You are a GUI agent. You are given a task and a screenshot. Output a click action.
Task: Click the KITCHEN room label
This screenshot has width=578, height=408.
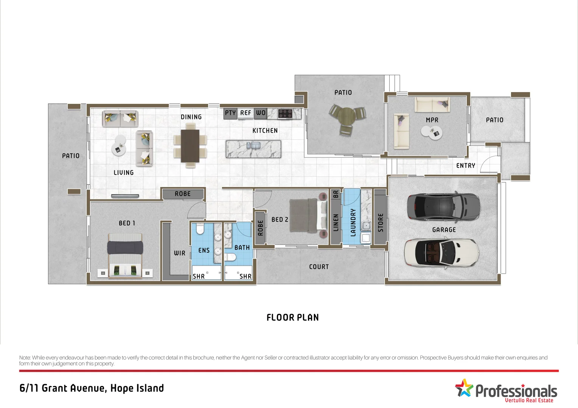265,131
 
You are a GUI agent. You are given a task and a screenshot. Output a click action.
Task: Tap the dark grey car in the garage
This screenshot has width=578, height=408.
443,207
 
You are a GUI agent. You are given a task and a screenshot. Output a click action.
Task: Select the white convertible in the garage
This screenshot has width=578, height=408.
441,253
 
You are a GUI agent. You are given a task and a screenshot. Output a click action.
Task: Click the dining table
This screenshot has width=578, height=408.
190,146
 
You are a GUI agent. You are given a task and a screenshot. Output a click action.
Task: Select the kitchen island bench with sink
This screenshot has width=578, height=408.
253,149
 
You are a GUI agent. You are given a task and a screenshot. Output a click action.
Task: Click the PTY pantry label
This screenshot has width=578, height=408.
230,113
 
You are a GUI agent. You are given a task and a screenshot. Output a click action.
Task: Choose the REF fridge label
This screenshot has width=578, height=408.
245,113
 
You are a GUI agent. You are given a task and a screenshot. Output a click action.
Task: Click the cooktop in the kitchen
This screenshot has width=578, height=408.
285,113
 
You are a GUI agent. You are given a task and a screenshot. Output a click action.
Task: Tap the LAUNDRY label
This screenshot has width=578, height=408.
353,223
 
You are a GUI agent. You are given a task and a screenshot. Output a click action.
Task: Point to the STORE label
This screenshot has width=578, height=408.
381,223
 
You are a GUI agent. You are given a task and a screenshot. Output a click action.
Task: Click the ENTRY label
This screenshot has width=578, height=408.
465,166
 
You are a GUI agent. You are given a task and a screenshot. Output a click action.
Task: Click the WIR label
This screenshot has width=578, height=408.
179,253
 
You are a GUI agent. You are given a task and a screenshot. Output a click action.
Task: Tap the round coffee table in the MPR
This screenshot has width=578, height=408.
431,132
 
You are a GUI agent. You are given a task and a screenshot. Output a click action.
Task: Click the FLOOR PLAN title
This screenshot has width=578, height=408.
292,318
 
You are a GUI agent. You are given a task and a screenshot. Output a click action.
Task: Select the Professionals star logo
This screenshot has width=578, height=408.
464,388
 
